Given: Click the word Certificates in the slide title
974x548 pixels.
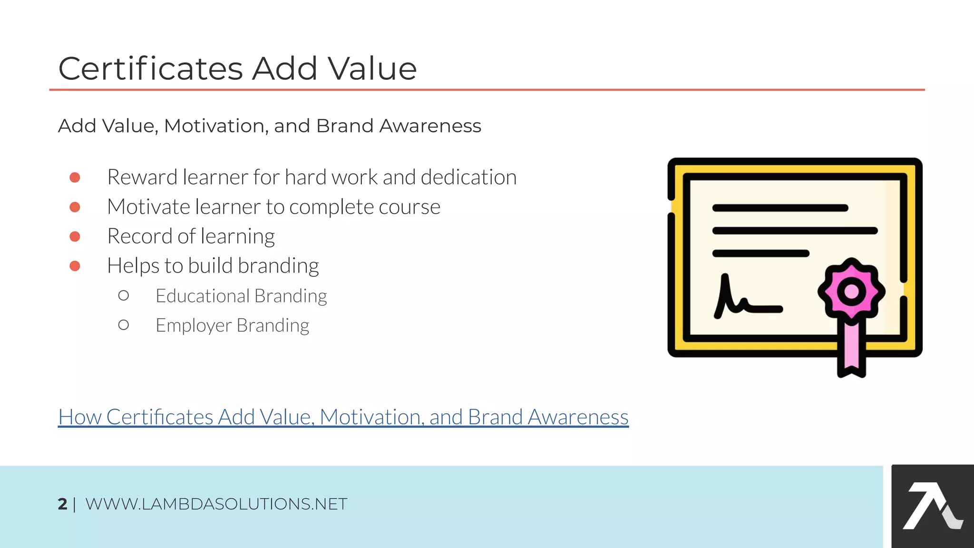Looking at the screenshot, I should tap(151, 68).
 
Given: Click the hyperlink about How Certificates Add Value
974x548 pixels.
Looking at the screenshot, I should tap(343, 417).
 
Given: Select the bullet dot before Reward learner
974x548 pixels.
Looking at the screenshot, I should tap(75, 177).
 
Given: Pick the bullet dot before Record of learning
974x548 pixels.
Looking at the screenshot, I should tap(75, 236).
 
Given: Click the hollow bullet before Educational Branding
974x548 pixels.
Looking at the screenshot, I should tap(123, 296).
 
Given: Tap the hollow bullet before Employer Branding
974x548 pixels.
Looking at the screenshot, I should tap(123, 325).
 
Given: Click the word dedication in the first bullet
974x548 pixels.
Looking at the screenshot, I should tap(468, 177).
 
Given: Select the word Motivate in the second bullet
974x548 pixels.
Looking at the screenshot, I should tap(148, 207).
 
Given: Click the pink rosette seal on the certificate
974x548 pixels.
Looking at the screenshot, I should tap(851, 291).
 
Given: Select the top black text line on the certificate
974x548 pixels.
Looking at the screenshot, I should tap(780, 208).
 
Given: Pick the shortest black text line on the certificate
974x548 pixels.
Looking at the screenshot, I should tap(760, 254).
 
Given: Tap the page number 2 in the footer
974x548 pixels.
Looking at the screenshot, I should tap(62, 504).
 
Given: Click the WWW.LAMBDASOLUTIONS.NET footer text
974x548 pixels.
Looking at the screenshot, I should tap(216, 504).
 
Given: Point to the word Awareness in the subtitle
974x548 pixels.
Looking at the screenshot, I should tap(430, 126).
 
